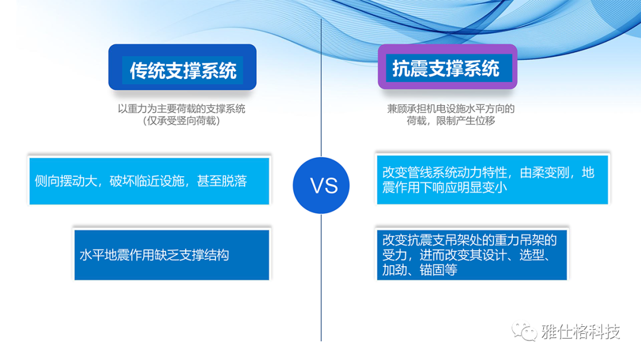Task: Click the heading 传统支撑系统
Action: (x=183, y=71)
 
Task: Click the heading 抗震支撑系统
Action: (x=446, y=68)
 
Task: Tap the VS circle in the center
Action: (x=321, y=185)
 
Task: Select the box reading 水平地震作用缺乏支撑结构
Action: (x=172, y=254)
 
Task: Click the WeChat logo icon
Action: (x=525, y=331)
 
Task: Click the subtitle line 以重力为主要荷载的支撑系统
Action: (x=182, y=109)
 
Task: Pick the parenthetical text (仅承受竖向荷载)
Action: (x=182, y=121)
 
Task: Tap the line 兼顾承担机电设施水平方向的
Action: (x=450, y=109)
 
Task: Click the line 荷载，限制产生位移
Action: (x=450, y=121)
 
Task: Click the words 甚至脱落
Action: (x=222, y=181)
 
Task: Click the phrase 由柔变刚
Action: (x=544, y=173)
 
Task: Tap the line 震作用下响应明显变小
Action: (x=445, y=187)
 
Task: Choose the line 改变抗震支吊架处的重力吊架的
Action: (x=469, y=240)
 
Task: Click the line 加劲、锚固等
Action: (x=420, y=270)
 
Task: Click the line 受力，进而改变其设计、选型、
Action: (x=466, y=255)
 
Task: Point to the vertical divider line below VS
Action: (x=321, y=278)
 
